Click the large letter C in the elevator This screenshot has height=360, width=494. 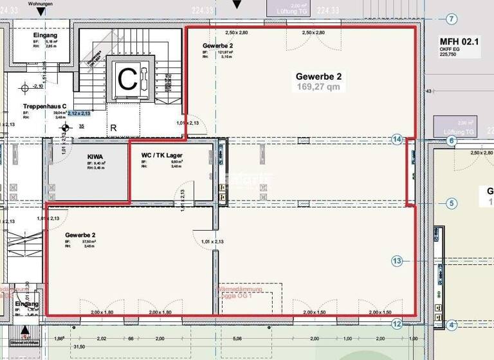coord(127,79)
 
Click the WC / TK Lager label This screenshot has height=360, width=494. coord(166,155)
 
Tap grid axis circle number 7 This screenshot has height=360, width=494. coord(452,19)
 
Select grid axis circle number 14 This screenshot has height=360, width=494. coord(397,139)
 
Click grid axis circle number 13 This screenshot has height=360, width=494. coord(397,260)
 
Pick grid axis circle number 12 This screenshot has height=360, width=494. coord(397,324)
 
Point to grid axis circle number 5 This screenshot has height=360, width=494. coord(452,204)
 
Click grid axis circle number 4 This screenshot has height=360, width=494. coord(452,325)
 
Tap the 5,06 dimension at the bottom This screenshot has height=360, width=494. coord(238,338)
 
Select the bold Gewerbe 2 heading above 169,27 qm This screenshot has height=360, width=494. coord(318,76)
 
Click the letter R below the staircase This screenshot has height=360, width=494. coord(113,127)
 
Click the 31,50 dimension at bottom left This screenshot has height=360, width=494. coord(79,346)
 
